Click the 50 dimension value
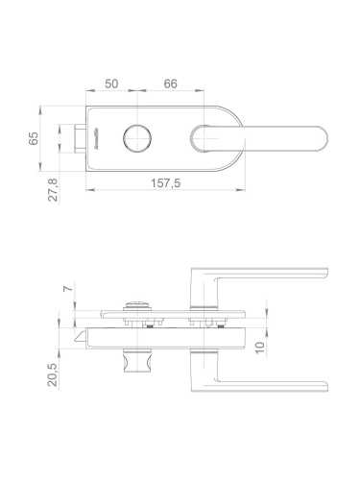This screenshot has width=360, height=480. coord(111,84)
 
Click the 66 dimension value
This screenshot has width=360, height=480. coord(170,84)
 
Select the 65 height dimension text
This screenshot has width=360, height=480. coord(34,138)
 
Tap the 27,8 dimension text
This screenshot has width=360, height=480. coord(53,189)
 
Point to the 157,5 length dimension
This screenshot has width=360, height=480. coord(165,183)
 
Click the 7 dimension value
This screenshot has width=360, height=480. coord(68,288)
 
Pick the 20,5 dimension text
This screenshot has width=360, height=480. coord(53,374)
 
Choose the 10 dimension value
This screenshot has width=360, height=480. coord(260,348)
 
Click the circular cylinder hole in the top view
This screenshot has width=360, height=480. coord(137,138)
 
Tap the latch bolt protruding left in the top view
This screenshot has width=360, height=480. coord(80,138)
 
